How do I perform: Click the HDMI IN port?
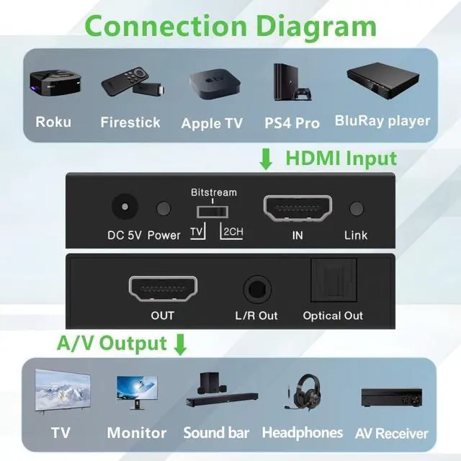[x=297, y=208]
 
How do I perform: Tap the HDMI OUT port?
[x=163, y=289]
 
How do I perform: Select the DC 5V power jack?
[x=125, y=207]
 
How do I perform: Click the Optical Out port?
[x=334, y=280]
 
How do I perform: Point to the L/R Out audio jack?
[x=257, y=290]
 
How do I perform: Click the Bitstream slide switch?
[x=212, y=212]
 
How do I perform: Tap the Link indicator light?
[x=357, y=208]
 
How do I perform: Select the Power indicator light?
[x=164, y=208]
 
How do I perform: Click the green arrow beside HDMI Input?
[x=266, y=159]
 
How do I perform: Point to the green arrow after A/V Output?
[x=180, y=344]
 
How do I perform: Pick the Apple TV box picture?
[x=215, y=84]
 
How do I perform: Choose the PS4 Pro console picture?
[x=292, y=82]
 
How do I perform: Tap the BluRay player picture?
[x=383, y=81]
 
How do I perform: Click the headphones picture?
[x=303, y=392]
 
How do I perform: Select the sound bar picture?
[x=222, y=390]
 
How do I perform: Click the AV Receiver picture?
[x=391, y=398]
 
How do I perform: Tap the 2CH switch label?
[x=233, y=232]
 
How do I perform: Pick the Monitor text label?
[x=137, y=433]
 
